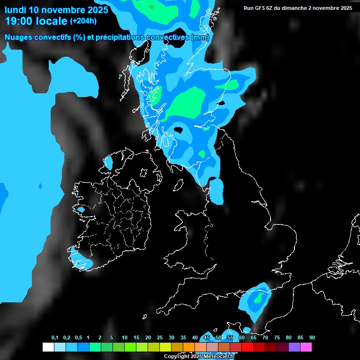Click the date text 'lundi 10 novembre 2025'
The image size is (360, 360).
(56, 9)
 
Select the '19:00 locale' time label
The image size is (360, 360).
(36, 21)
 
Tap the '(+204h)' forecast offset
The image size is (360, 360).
(83, 21)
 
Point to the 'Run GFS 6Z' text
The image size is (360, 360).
(261, 8)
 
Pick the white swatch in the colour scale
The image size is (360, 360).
(48, 347)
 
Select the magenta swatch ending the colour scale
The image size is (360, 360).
(306, 347)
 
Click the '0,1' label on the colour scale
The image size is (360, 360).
(55, 338)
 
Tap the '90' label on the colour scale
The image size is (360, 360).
(312, 338)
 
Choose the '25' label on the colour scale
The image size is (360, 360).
(160, 338)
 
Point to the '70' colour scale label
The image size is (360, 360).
(265, 338)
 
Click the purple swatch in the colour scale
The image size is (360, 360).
(294, 347)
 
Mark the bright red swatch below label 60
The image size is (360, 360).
(247, 347)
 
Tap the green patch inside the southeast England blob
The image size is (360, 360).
(258, 298)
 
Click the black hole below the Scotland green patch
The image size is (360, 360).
(179, 130)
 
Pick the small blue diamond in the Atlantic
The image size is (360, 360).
(40, 187)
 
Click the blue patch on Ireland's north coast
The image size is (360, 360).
(108, 163)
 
